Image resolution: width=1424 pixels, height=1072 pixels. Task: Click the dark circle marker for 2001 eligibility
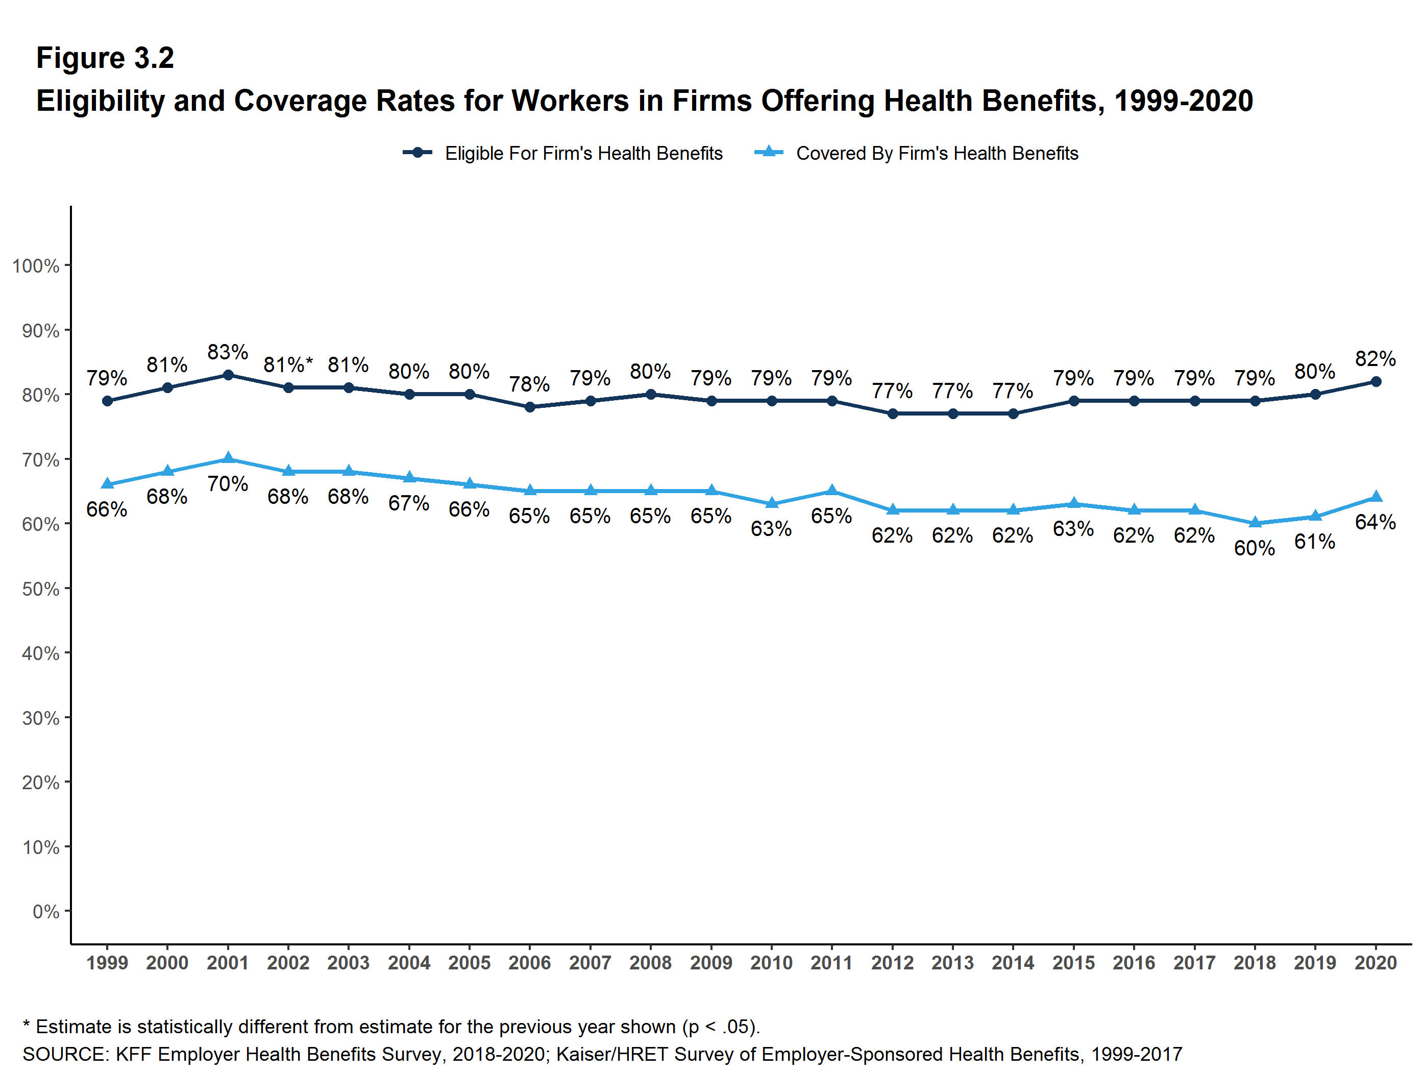click(228, 375)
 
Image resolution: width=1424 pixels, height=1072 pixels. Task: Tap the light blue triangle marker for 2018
click(1255, 523)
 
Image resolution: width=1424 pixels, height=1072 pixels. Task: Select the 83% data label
click(228, 352)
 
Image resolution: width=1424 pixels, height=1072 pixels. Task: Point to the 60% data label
click(1254, 548)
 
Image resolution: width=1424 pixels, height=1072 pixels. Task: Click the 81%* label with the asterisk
click(288, 365)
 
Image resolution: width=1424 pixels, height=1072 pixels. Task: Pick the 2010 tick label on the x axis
click(771, 963)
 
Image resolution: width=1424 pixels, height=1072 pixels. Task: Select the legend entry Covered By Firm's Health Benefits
click(937, 153)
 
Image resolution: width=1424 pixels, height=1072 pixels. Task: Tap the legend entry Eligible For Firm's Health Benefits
click(583, 153)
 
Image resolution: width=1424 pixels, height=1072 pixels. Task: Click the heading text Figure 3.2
click(105, 58)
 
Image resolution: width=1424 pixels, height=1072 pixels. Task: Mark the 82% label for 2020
click(1375, 359)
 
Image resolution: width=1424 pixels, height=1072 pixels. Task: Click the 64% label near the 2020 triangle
click(1375, 522)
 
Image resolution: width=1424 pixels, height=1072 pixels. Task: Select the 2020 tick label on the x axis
click(1375, 963)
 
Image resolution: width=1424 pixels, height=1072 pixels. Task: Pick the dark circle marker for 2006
click(530, 407)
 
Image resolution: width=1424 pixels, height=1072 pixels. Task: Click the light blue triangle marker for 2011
click(832, 491)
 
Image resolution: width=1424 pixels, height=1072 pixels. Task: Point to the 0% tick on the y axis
click(46, 912)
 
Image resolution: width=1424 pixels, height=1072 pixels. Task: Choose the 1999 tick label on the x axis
click(107, 963)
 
